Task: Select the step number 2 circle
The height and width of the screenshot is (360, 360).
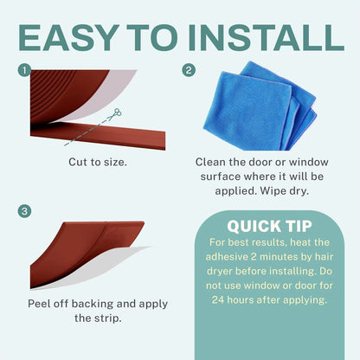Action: [x=190, y=69]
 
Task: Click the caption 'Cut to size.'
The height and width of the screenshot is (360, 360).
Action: [x=100, y=162]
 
